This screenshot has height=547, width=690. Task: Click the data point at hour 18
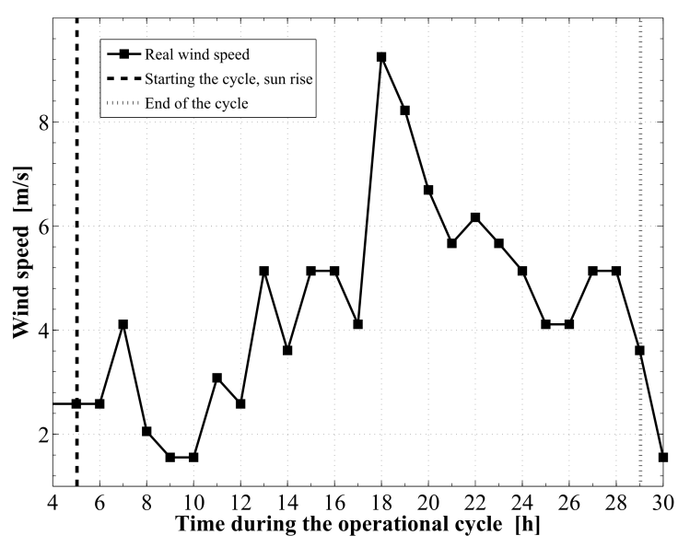(381, 57)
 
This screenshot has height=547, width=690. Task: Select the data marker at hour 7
(123, 324)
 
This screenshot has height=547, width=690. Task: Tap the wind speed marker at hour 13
(264, 271)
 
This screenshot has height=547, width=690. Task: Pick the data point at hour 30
(663, 457)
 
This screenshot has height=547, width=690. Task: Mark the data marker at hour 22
(475, 217)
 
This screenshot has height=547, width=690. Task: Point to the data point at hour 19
(404, 111)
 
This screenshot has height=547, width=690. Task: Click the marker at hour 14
(287, 350)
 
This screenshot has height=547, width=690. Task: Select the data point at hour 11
(217, 378)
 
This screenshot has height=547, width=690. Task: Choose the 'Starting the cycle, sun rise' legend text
(230, 79)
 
